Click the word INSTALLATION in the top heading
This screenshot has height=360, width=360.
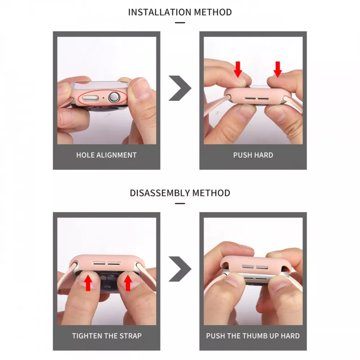tap(160, 12)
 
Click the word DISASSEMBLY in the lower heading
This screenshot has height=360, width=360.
tap(160, 193)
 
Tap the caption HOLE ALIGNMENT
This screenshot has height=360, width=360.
tap(107, 155)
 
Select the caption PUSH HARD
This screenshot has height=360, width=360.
tap(253, 155)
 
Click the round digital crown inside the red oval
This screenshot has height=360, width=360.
tap(114, 97)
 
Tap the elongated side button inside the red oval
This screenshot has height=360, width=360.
tap(90, 98)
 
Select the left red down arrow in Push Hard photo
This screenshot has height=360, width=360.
tap(238, 69)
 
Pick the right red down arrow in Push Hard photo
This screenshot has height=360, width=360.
tap(278, 69)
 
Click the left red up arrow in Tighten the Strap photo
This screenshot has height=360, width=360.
tap(88, 283)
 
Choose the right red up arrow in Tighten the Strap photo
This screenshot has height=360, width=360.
tap(128, 283)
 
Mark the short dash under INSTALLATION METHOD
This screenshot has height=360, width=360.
tap(180, 22)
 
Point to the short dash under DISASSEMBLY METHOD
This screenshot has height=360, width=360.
tap(180, 203)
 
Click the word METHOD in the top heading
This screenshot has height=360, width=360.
tap(213, 12)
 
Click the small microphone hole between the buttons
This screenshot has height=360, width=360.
tap(103, 98)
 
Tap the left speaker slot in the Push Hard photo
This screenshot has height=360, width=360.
tap(250, 99)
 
